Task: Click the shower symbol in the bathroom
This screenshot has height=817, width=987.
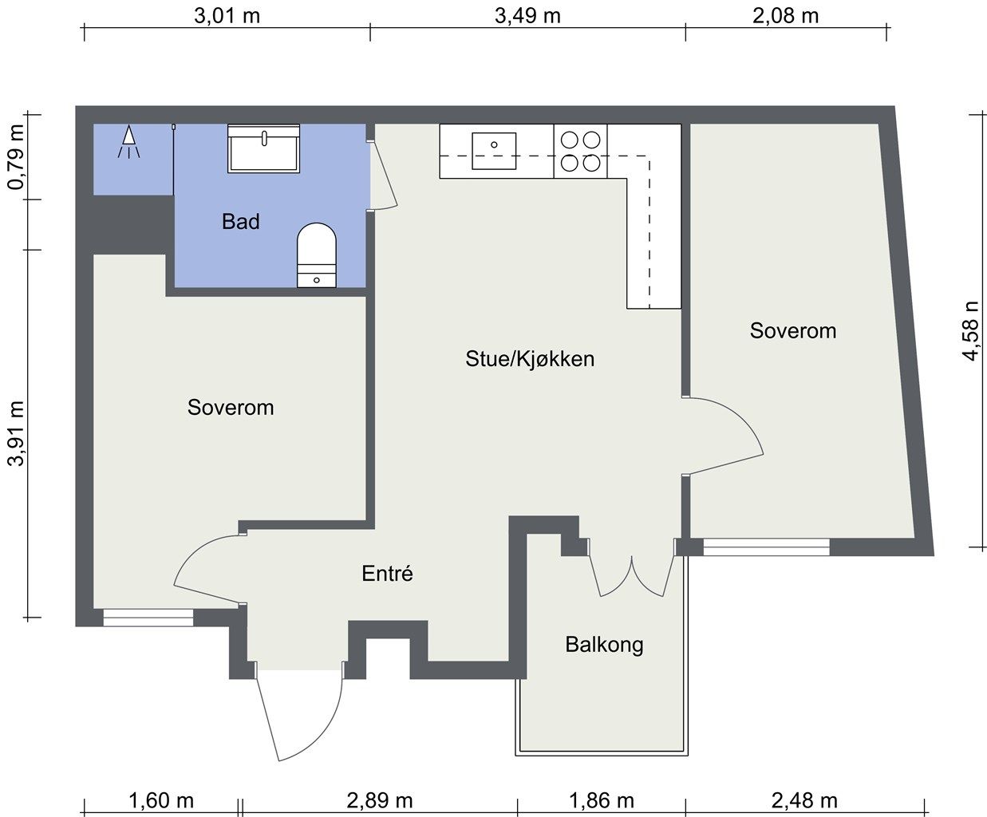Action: (128, 141)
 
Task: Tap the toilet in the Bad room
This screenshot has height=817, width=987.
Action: (316, 255)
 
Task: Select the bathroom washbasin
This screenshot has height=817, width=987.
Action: (263, 148)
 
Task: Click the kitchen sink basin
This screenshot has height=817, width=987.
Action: (494, 151)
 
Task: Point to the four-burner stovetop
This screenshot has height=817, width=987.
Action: (581, 152)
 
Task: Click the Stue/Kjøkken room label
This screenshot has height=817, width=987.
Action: (530, 359)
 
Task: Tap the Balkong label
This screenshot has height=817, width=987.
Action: (604, 645)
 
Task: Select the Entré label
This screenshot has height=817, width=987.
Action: (387, 574)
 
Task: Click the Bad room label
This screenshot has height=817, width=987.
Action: (241, 221)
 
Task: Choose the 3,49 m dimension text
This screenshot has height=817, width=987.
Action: (527, 16)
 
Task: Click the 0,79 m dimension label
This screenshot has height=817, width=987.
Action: (16, 157)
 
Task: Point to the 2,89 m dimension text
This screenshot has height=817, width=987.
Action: (380, 800)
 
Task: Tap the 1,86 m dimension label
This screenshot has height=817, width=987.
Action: (602, 800)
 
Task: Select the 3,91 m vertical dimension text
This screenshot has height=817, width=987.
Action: (16, 433)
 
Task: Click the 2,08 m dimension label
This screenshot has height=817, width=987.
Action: (785, 16)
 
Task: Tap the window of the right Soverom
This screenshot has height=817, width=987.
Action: (766, 547)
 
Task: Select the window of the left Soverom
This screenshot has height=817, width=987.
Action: (148, 618)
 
